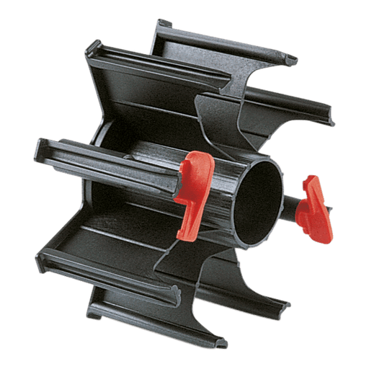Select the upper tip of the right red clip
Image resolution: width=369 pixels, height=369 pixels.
coord(311,180)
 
